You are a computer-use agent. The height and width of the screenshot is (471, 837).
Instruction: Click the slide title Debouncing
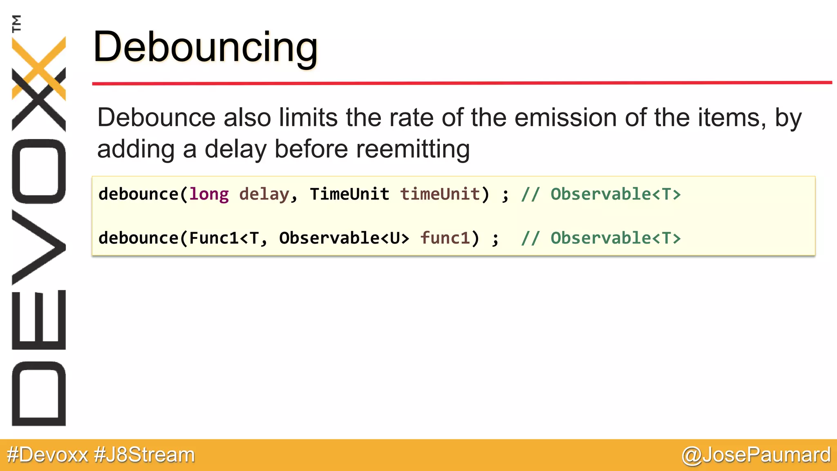tap(205, 47)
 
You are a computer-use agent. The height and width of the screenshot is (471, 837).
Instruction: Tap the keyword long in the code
tap(209, 194)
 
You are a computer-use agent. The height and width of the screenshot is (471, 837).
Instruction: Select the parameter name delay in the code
tap(264, 194)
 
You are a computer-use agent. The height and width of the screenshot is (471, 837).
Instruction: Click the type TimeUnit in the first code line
tap(349, 194)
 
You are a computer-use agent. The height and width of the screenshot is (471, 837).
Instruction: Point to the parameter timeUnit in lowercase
tap(440, 194)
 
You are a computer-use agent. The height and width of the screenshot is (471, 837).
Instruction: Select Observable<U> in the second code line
tap(344, 238)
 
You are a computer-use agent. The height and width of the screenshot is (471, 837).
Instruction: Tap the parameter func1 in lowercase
tap(445, 238)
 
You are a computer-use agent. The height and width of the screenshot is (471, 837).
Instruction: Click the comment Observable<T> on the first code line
tap(615, 194)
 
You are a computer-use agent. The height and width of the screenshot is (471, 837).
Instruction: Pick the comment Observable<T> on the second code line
tap(615, 238)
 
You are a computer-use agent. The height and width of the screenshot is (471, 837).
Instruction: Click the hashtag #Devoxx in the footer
tap(47, 455)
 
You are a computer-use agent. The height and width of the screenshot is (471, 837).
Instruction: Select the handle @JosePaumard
tap(756, 455)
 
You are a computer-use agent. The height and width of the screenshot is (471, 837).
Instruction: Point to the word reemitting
tap(413, 149)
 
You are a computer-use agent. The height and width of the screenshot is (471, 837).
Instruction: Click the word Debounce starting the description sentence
tap(156, 118)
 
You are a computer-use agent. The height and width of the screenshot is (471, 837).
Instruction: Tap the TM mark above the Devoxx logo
tap(17, 23)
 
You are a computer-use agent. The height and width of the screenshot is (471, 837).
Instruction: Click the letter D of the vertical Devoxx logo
tap(39, 393)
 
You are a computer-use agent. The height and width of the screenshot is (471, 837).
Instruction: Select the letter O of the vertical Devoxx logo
tap(39, 171)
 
